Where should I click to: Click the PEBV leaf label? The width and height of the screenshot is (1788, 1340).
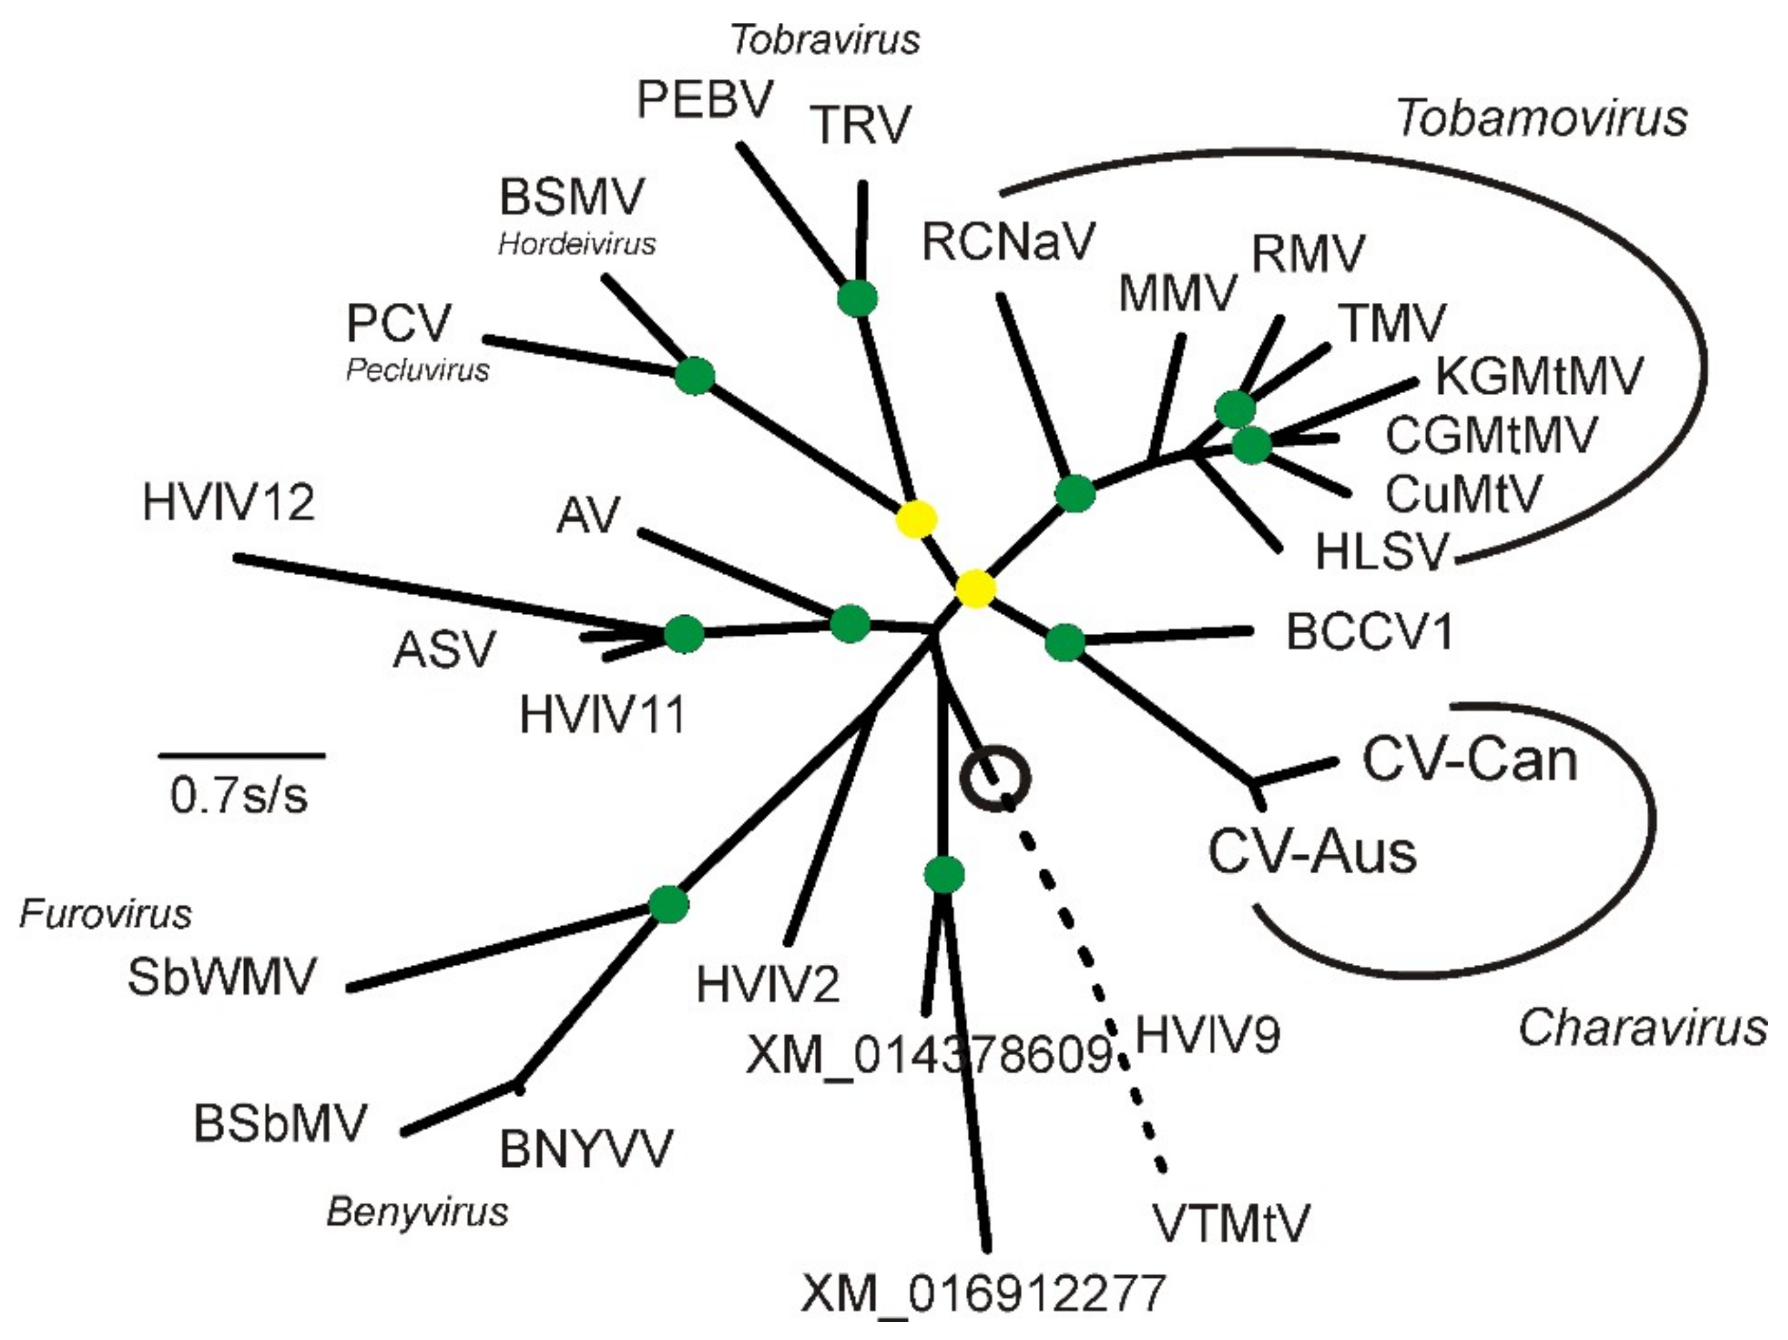tap(705, 100)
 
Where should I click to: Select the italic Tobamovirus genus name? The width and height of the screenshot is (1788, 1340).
tap(1541, 118)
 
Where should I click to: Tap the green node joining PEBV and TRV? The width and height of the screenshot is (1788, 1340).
tap(857, 298)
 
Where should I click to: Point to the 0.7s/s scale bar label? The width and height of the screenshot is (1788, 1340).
tap(239, 795)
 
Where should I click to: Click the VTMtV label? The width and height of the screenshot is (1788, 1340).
tap(1230, 1223)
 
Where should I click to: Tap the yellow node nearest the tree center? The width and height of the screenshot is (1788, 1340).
tap(975, 588)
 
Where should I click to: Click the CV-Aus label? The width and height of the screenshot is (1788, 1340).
tap(1312, 852)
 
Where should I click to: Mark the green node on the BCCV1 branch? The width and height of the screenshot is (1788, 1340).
tap(1064, 643)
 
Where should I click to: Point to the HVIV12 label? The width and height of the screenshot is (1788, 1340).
tap(228, 502)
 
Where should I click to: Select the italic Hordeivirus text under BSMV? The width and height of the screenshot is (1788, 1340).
tap(577, 243)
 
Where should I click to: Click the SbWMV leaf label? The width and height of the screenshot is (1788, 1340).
tap(221, 976)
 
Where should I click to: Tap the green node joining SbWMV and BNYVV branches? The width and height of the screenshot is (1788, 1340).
tap(668, 903)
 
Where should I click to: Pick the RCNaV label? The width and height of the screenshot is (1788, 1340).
tap(1008, 241)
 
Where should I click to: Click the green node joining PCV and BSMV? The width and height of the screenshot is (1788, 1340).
tap(694, 375)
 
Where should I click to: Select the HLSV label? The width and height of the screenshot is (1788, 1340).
tap(1381, 552)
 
